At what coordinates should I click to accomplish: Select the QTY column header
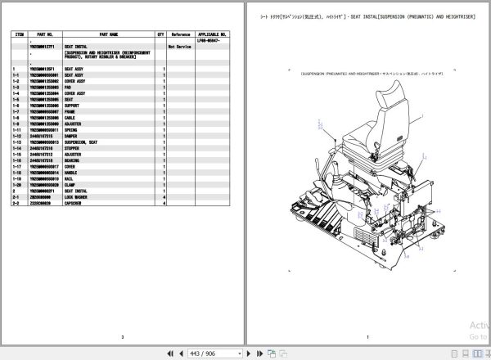click(x=161, y=35)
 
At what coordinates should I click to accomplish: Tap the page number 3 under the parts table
click(x=122, y=336)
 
